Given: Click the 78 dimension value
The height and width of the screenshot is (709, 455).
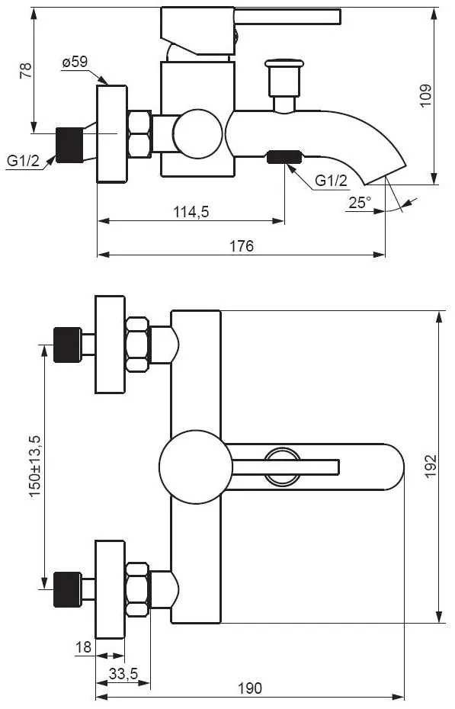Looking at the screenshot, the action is tap(26, 71).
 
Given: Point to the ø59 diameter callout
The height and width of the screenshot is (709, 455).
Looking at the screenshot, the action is tap(75, 62).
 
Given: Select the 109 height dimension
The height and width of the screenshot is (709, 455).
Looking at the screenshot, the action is tap(425, 95).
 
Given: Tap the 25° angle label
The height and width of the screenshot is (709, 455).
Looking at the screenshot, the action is tap(360, 203).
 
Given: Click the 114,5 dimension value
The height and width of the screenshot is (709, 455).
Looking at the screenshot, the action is tap(191, 211).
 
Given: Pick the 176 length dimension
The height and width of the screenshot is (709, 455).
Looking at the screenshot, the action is tap(242, 246).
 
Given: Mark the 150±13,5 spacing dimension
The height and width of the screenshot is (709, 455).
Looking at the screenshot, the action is tap(35, 466).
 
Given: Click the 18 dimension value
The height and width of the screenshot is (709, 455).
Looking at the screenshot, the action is tap(84, 647).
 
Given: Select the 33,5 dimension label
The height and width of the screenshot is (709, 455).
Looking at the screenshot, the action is tap(123, 674).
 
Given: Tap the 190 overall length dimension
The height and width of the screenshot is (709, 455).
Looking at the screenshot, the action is tap(250, 688).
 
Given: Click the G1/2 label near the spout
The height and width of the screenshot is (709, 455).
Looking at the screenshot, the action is tap(332, 181).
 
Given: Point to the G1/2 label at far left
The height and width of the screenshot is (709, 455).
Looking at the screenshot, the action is tap(24, 160).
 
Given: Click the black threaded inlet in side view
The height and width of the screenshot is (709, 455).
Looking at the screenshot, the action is tap(69, 145).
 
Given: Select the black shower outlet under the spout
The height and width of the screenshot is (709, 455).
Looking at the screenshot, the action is tap(284, 157).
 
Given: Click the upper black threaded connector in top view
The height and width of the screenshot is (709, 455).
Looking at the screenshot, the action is tap(68, 345).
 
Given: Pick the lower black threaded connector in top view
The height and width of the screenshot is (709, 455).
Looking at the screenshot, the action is tap(68, 589).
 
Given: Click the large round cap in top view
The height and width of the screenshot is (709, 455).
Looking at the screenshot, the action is tap(196, 467).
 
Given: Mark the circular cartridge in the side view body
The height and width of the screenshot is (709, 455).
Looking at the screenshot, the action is tap(198, 134).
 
